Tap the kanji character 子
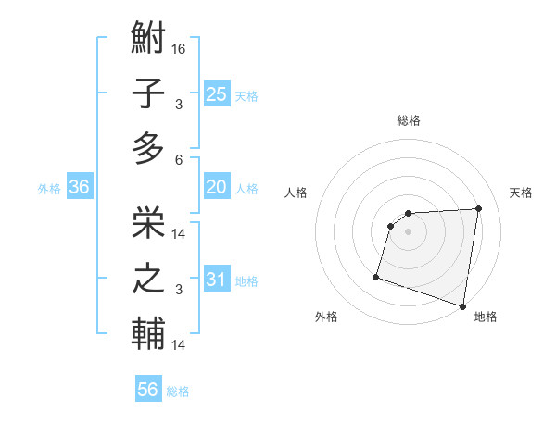click(148, 95)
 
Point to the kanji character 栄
click(148, 221)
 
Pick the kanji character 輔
click(148, 332)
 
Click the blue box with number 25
click(217, 94)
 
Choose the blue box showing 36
click(79, 188)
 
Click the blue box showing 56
click(148, 390)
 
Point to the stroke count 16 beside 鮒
click(179, 47)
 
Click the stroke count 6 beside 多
click(179, 158)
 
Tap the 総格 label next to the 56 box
click(178, 391)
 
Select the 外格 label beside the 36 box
click(49, 189)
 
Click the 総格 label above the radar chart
click(409, 120)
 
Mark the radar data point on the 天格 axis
click(478, 208)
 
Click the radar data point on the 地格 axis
click(462, 305)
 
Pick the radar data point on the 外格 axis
click(376, 276)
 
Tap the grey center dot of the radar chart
click(408, 231)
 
